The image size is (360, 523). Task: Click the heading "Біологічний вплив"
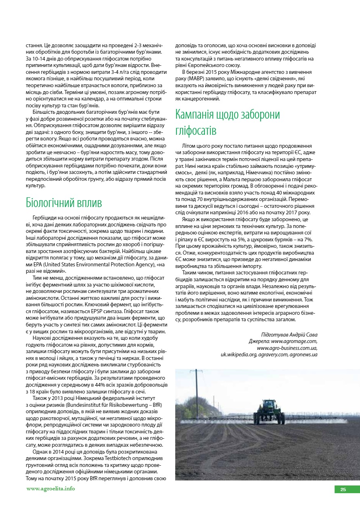(x=64, y=202)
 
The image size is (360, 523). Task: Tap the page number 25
(x=343, y=490)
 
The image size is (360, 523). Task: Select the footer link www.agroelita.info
(x=50, y=489)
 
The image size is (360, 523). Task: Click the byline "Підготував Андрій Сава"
(x=289, y=335)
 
